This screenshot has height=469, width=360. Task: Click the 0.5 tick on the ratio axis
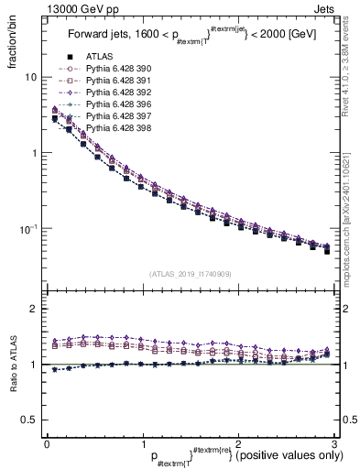click(x=29, y=420)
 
